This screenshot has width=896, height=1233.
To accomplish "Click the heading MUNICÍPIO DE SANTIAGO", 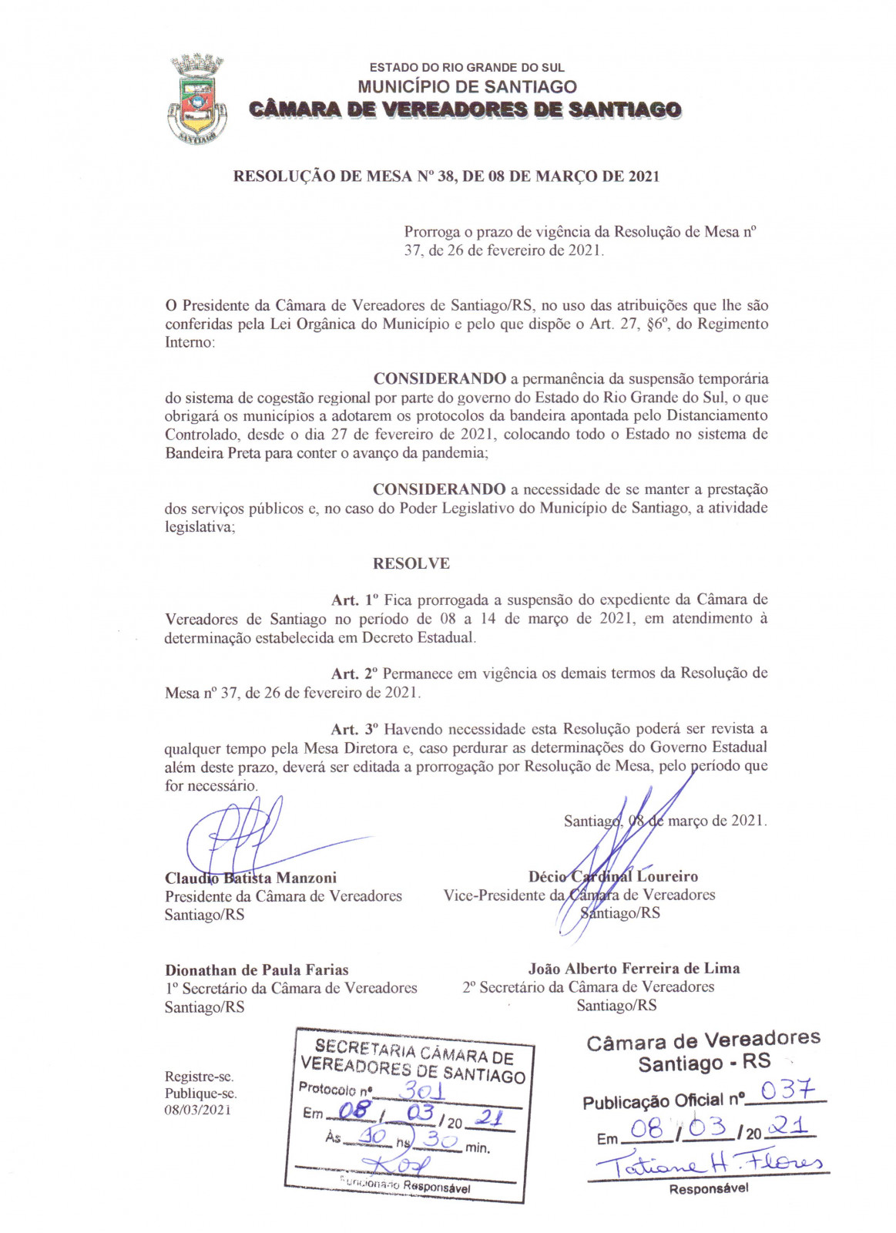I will click(467, 86).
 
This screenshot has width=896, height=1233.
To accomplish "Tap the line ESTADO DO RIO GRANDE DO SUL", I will click(467, 68).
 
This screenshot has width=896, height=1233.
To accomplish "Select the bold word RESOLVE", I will click(411, 563).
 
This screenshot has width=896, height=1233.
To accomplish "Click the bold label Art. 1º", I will click(355, 600).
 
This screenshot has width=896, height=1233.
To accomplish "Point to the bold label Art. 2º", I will click(354, 674).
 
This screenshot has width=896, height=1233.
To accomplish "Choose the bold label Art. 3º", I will click(355, 729).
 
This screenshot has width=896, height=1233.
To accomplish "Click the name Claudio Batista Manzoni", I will click(250, 878).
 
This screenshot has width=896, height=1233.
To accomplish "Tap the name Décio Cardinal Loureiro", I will click(613, 876).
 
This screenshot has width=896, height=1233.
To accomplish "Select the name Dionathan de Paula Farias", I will click(257, 969).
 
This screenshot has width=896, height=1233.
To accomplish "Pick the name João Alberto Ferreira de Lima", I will click(634, 968).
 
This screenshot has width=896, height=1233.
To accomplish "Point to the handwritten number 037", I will click(787, 1090).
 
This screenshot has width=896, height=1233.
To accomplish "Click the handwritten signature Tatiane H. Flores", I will click(709, 1163).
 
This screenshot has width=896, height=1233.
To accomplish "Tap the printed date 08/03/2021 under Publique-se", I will click(197, 1110).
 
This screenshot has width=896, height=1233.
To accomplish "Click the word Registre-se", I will click(199, 1077).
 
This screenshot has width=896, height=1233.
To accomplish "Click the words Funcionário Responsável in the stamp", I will click(405, 1184).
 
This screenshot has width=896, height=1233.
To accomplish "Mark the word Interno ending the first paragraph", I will click(189, 342).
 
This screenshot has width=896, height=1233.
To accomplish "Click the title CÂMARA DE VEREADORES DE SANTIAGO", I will click(465, 109).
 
